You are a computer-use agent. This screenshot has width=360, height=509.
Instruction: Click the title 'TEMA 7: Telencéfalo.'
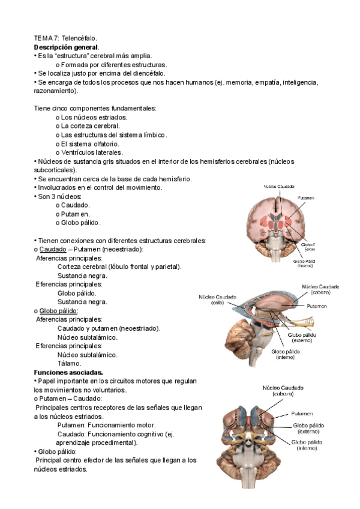pyautogui.click(x=65, y=38)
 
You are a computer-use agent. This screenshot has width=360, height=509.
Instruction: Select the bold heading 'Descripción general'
pyautogui.click(x=66, y=47)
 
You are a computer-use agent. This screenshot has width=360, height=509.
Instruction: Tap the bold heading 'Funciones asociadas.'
pyautogui.click(x=68, y=372)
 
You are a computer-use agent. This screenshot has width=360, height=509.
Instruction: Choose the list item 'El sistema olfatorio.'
pyautogui.click(x=88, y=143)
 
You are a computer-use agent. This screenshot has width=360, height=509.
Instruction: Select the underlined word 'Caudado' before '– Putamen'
pyautogui.click(x=52, y=248)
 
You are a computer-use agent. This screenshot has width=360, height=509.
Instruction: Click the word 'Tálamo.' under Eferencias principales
pyautogui.click(x=69, y=363)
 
